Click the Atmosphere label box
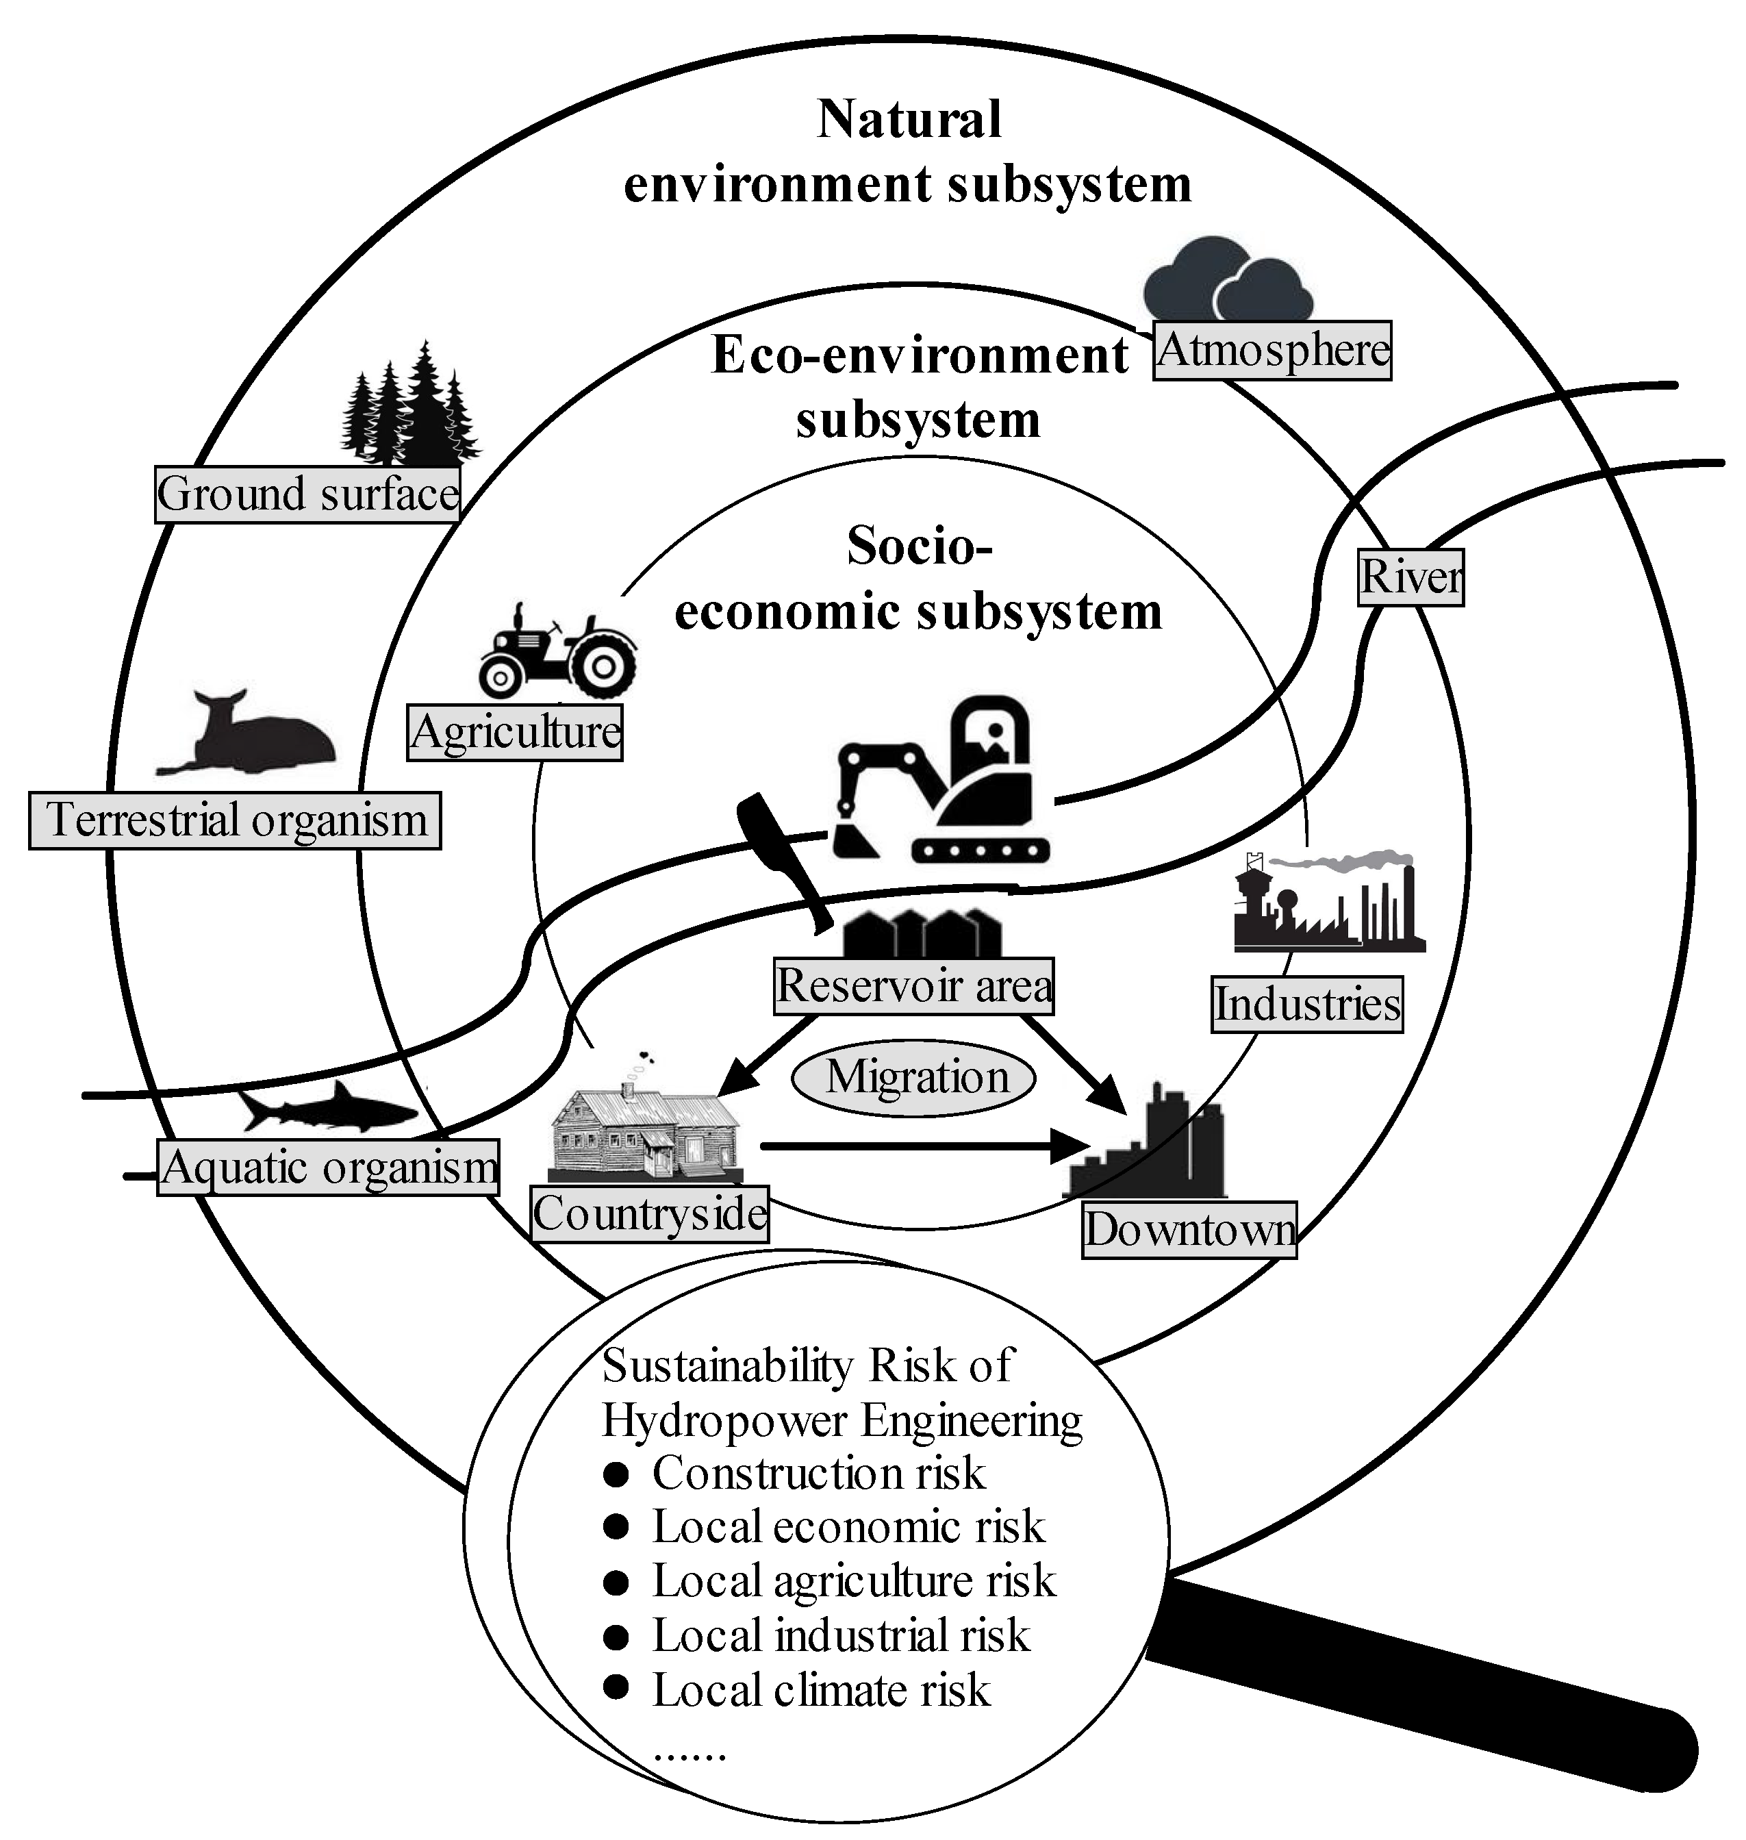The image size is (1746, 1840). click(1271, 351)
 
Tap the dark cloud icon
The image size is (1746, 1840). click(1227, 280)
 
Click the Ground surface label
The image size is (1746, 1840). click(307, 494)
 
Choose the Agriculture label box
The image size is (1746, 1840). click(515, 733)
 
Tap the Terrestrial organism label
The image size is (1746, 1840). click(235, 820)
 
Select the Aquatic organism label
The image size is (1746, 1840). click(327, 1167)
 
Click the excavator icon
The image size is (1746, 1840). click(940, 782)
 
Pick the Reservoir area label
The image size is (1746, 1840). click(914, 985)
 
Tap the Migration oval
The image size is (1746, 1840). click(914, 1078)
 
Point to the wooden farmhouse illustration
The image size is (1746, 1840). click(644, 1131)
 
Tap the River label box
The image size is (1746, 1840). click(1410, 577)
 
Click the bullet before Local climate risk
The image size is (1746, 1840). click(615, 1687)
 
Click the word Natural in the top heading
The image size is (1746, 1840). click(909, 119)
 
